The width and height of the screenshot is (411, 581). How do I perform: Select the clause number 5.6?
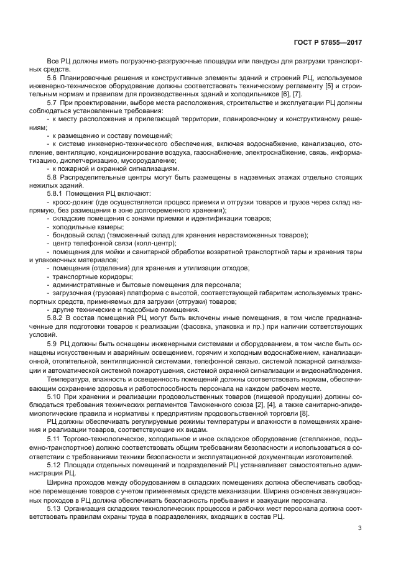click(x=52, y=77)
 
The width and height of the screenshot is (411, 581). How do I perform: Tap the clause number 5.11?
click(x=54, y=441)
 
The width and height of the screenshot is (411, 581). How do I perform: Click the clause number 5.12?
click(x=54, y=464)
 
